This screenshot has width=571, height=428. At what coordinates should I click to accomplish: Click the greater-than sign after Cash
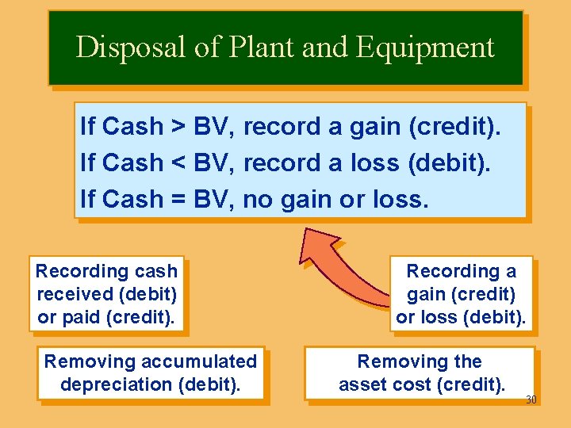(x=179, y=127)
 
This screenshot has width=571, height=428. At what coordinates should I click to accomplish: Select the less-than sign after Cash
(x=179, y=163)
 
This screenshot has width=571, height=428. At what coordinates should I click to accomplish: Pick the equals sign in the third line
(x=179, y=200)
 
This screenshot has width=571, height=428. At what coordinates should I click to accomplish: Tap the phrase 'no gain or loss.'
(x=335, y=200)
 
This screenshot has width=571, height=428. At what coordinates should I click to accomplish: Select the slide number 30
(x=531, y=399)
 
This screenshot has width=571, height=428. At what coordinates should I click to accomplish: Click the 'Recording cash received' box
(x=106, y=293)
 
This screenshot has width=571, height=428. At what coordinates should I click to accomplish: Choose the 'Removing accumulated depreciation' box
(x=151, y=373)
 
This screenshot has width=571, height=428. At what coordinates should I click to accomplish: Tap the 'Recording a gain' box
(x=461, y=293)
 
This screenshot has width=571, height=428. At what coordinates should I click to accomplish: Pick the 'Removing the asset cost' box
(x=420, y=373)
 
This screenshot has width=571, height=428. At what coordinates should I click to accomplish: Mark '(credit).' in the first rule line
(x=464, y=127)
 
